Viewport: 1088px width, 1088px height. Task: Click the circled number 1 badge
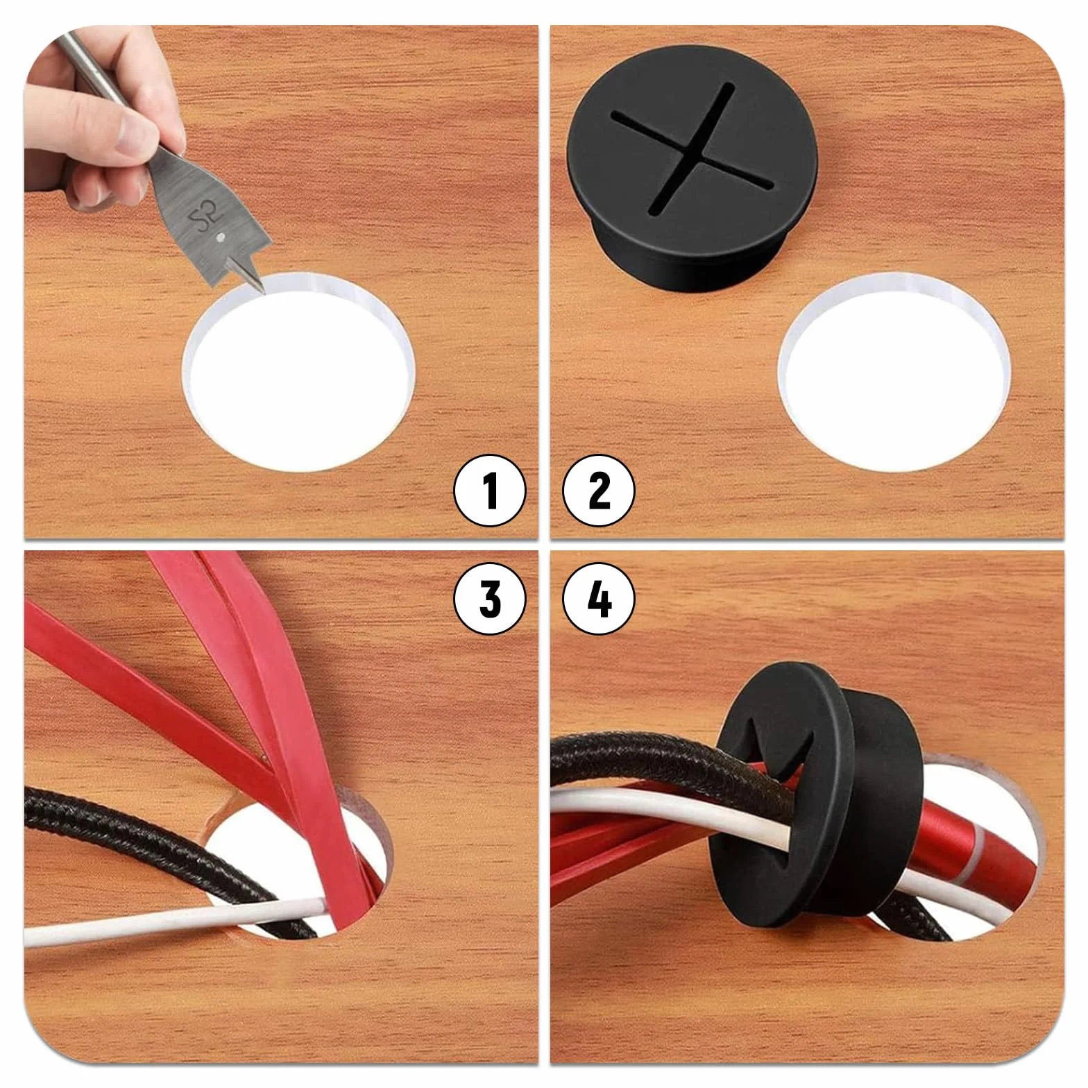tap(490, 490)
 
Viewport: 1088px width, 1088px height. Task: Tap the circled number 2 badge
tap(599, 490)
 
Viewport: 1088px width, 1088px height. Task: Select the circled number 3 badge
tap(490, 598)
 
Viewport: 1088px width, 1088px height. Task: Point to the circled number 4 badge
tap(599, 598)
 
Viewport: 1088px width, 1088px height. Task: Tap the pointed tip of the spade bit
tap(264, 294)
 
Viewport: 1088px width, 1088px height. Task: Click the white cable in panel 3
tap(173, 922)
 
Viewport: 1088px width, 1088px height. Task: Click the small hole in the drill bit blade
tap(220, 237)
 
